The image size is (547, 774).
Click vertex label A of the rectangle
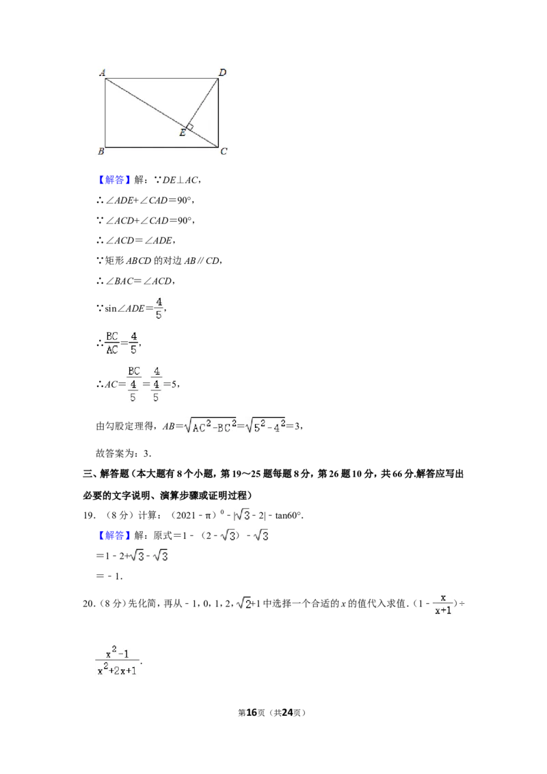[102, 72]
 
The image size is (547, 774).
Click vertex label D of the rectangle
[223, 72]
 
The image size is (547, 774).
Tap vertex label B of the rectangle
[101, 151]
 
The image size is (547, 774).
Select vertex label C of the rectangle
[224, 151]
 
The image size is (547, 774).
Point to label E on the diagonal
[182, 132]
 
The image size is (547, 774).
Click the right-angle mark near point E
[189, 127]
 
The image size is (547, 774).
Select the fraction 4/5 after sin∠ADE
[159, 308]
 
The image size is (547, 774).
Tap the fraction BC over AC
[112, 343]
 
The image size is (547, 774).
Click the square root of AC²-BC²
[210, 425]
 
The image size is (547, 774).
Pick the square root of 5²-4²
[265, 425]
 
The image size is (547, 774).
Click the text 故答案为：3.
[124, 453]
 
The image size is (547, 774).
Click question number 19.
[89, 516]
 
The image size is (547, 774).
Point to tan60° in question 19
[289, 516]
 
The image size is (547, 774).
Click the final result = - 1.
[109, 576]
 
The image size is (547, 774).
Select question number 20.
[89, 603]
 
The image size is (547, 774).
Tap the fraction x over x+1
[443, 604]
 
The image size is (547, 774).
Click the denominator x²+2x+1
[117, 670]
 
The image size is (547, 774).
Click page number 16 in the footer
[252, 712]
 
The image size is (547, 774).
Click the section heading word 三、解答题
[106, 474]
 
